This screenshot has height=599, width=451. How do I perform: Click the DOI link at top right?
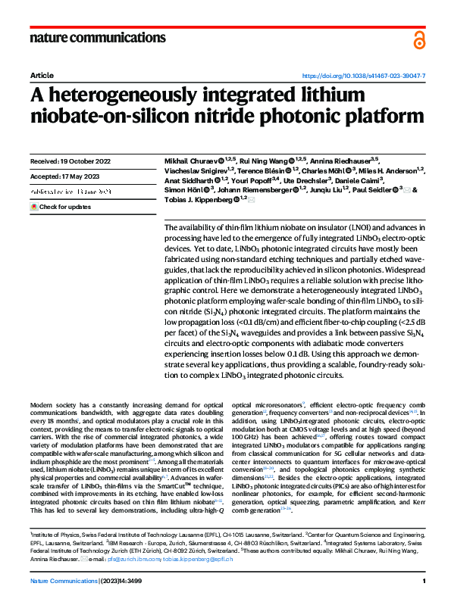[364, 76]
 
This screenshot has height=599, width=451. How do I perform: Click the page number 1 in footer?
[423, 580]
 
